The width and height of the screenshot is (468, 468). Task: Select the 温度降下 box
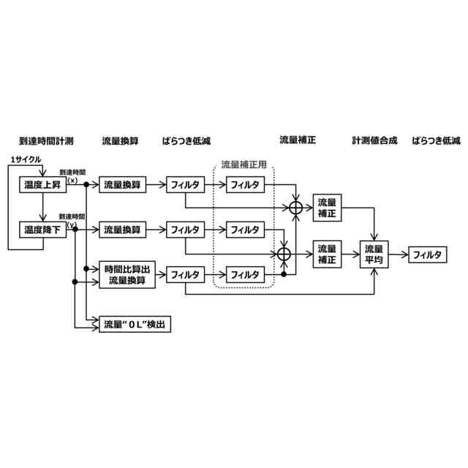click(42, 230)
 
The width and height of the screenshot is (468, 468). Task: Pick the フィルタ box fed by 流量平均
click(427, 254)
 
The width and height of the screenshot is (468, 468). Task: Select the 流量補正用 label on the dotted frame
click(244, 164)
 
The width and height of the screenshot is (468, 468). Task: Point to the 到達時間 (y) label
click(73, 220)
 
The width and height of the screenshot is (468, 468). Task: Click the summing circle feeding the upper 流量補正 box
click(295, 208)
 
